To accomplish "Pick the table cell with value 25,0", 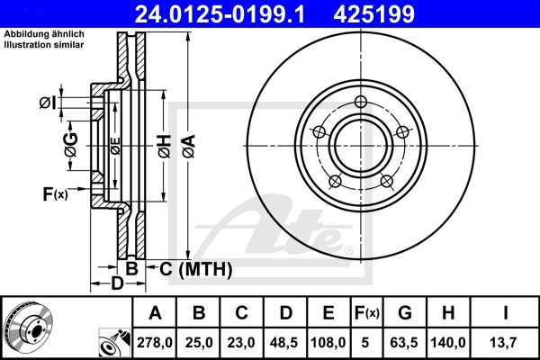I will click(199, 342).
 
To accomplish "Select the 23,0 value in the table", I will click(242, 342).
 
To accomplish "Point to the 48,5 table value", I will click(285, 342).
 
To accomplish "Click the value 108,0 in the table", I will click(328, 342).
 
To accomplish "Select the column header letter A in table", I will click(156, 313).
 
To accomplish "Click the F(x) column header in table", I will click(366, 313).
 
